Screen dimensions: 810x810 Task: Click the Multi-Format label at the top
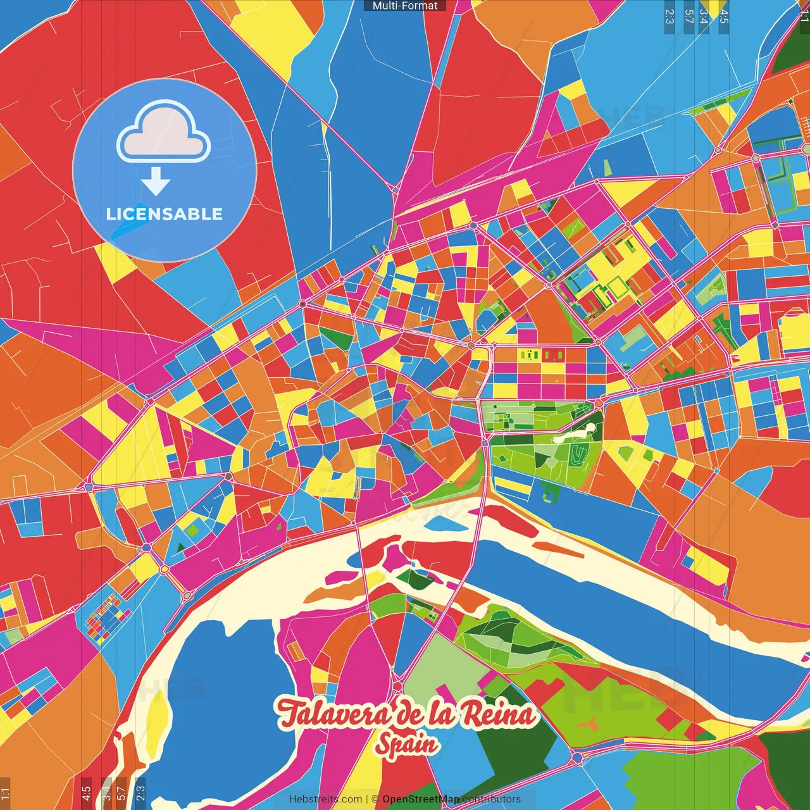tap(405, 6)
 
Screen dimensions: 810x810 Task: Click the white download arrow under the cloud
tap(156, 182)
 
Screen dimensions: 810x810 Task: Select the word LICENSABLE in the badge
tap(165, 214)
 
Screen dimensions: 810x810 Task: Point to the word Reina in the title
tap(497, 714)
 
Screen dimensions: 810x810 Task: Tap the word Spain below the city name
tap(406, 744)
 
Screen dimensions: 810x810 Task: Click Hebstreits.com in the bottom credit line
tap(325, 799)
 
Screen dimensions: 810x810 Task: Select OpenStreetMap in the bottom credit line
tap(420, 799)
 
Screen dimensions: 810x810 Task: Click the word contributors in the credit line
tap(491, 799)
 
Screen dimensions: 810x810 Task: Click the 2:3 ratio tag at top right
tap(670, 16)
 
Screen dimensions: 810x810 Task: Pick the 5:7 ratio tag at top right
tap(688, 16)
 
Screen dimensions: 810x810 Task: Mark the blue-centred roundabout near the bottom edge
tap(576, 757)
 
